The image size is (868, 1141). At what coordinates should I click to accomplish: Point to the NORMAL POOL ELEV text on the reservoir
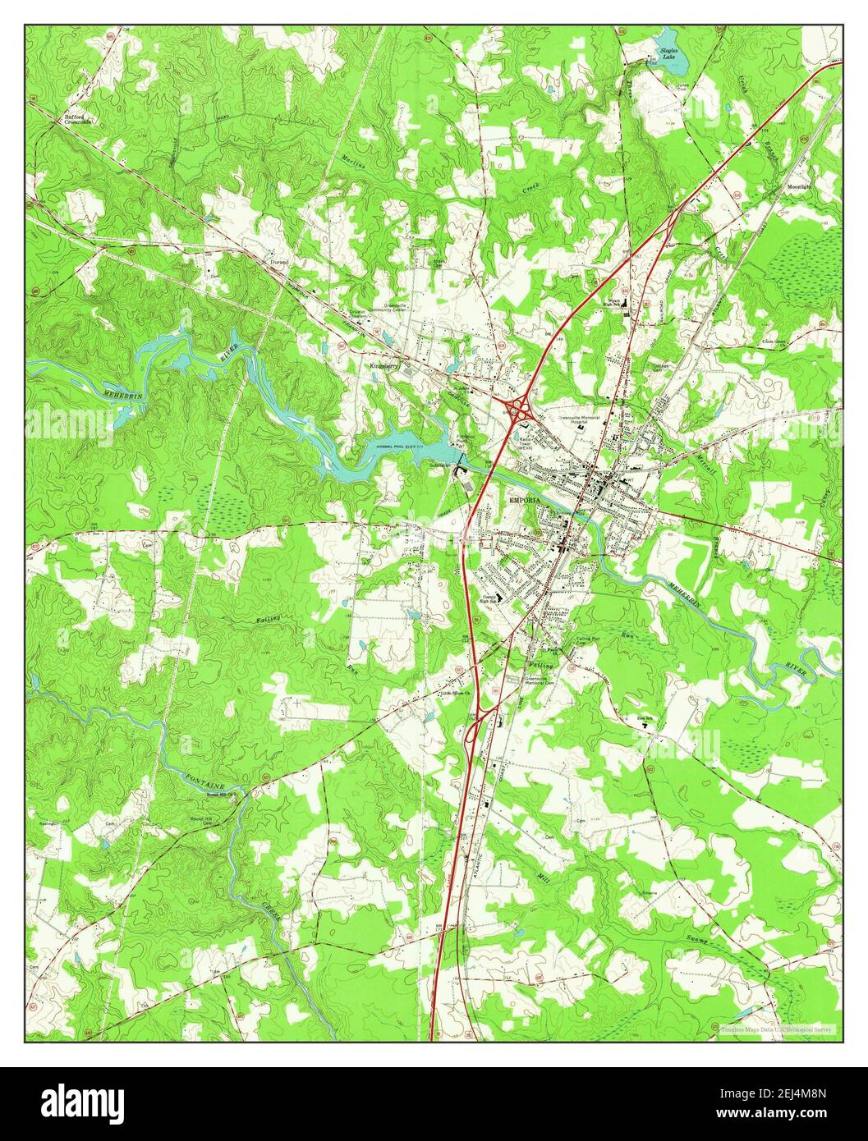[x=402, y=446]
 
